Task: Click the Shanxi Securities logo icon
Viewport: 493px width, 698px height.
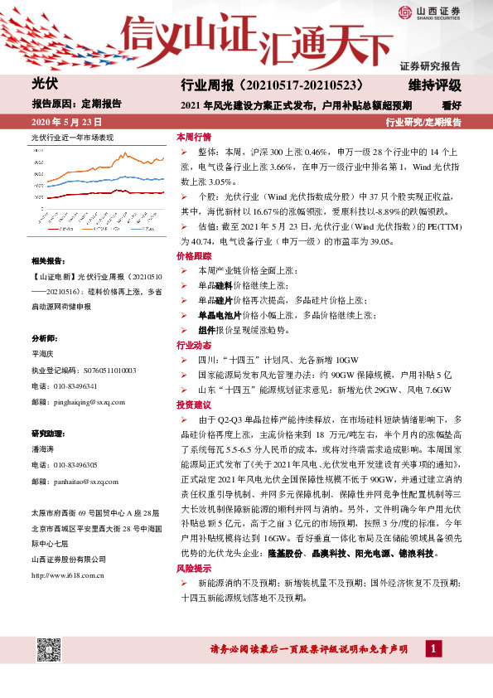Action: (x=404, y=12)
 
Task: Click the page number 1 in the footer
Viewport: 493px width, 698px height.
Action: (x=433, y=648)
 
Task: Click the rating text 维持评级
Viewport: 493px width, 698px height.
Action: (x=434, y=85)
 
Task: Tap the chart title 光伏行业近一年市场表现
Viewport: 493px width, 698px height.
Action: (x=72, y=137)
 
